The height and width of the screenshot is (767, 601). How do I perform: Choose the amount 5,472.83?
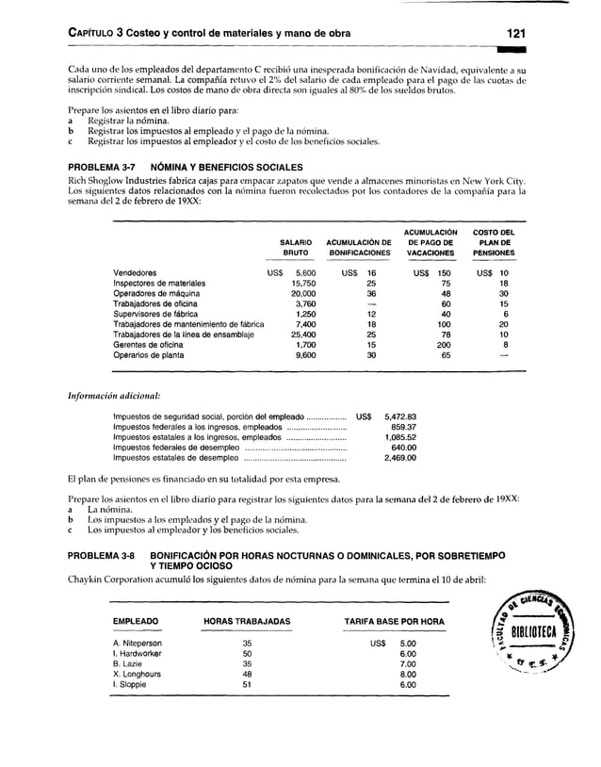[398, 416]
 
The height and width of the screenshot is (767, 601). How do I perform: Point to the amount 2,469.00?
[398, 458]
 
